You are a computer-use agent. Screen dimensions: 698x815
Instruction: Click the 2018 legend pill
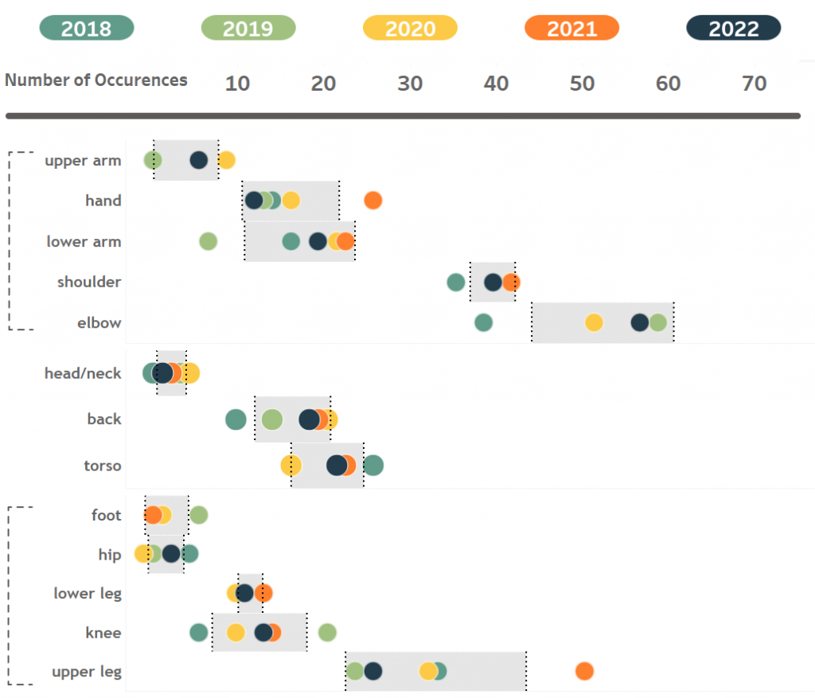click(86, 29)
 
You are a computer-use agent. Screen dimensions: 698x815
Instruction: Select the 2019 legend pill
click(248, 29)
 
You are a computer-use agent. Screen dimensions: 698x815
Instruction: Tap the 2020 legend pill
click(410, 29)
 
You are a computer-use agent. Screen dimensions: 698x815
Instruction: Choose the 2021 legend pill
click(571, 29)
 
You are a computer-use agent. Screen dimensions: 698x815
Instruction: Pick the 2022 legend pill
click(733, 29)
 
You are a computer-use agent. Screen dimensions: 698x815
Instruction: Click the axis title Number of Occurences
click(96, 80)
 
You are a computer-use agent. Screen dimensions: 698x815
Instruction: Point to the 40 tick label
click(496, 84)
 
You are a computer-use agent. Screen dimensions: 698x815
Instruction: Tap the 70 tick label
click(754, 84)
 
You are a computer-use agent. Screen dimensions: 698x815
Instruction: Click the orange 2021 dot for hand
click(372, 201)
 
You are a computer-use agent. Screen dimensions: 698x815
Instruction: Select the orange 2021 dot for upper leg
click(584, 671)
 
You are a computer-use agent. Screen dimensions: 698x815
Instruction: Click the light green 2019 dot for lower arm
click(208, 241)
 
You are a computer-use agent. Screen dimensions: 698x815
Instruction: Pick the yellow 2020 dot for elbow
click(594, 322)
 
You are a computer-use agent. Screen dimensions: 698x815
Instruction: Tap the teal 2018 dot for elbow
click(483, 322)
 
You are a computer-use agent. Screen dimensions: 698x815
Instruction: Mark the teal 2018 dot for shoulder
click(455, 282)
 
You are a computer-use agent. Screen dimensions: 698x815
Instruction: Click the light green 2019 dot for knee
click(327, 633)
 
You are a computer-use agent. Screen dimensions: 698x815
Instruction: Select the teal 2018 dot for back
click(236, 419)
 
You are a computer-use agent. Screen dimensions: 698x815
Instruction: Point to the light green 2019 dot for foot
click(199, 515)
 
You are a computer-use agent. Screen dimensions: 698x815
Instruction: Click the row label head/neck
click(83, 373)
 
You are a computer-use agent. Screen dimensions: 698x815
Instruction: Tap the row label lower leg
click(88, 593)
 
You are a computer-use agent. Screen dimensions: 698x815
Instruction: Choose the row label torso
click(103, 466)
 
